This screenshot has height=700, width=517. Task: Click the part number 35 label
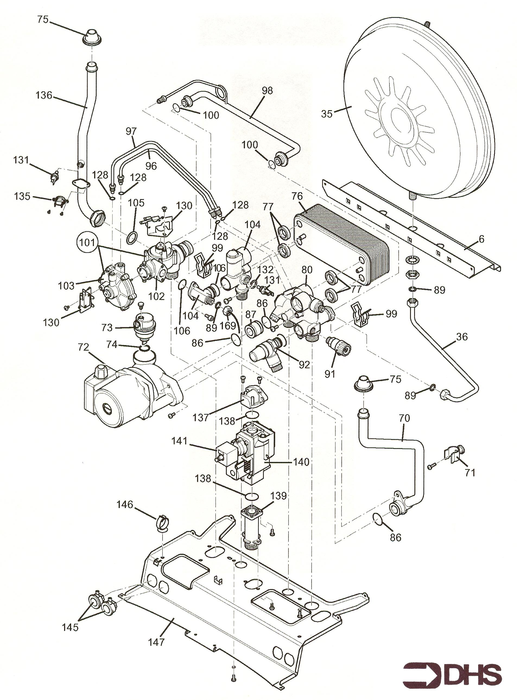(x=326, y=114)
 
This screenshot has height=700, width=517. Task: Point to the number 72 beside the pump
(x=84, y=347)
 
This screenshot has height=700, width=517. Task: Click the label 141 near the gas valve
(x=179, y=441)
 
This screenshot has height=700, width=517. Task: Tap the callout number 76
(x=297, y=196)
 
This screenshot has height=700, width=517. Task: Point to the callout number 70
(x=404, y=418)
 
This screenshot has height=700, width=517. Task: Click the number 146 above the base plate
(x=125, y=504)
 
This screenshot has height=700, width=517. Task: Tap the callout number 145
(x=70, y=619)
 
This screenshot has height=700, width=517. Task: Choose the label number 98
(x=267, y=91)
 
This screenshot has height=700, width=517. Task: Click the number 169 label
(x=227, y=326)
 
